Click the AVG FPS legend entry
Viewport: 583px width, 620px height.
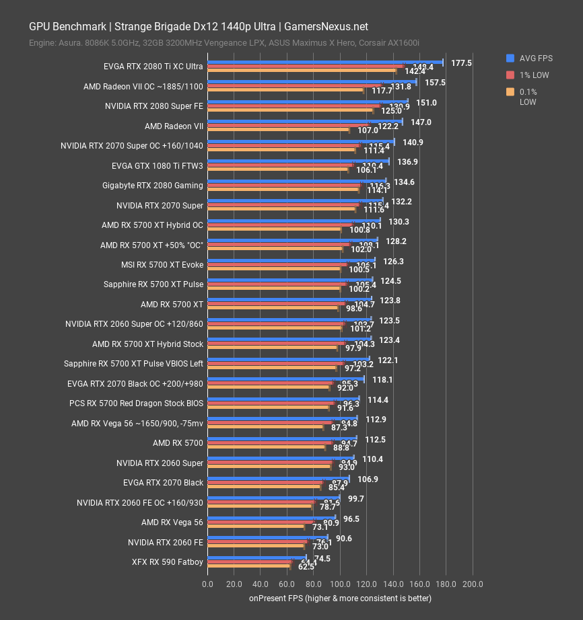536,58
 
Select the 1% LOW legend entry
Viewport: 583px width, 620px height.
533,75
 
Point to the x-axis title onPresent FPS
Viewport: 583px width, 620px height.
340,598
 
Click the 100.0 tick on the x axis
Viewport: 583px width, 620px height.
340,583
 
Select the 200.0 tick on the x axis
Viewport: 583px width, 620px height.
473,583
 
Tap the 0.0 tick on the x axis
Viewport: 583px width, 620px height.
207,583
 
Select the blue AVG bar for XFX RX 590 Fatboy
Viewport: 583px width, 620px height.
256,557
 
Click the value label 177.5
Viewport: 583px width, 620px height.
462,63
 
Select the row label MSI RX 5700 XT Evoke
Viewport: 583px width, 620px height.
162,265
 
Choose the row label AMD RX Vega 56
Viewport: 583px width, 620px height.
172,522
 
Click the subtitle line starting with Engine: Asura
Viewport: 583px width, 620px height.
224,43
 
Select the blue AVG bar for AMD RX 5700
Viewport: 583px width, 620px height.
282,438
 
